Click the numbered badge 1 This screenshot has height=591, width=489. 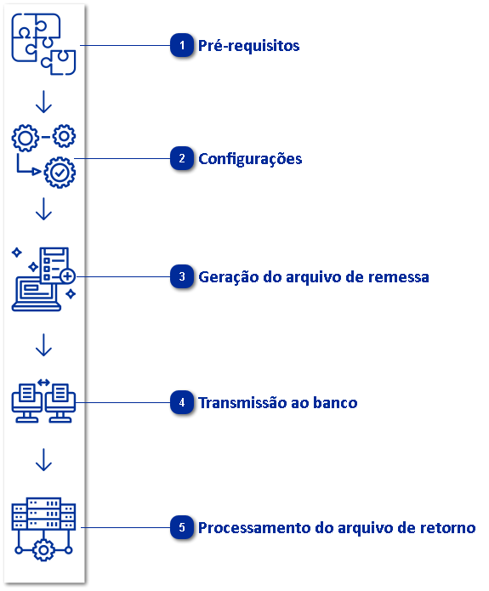coord(181,46)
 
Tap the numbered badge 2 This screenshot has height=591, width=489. coord(181,159)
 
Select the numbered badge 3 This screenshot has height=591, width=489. coord(181,277)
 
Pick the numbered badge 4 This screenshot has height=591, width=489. coord(181,403)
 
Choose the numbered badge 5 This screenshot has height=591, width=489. coord(181,528)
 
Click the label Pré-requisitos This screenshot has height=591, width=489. coord(248,46)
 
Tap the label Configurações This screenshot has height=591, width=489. coord(250,159)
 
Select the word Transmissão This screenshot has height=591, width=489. coord(242,403)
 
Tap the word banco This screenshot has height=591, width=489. coord(334,403)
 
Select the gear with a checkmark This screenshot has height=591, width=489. coord(59,171)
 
